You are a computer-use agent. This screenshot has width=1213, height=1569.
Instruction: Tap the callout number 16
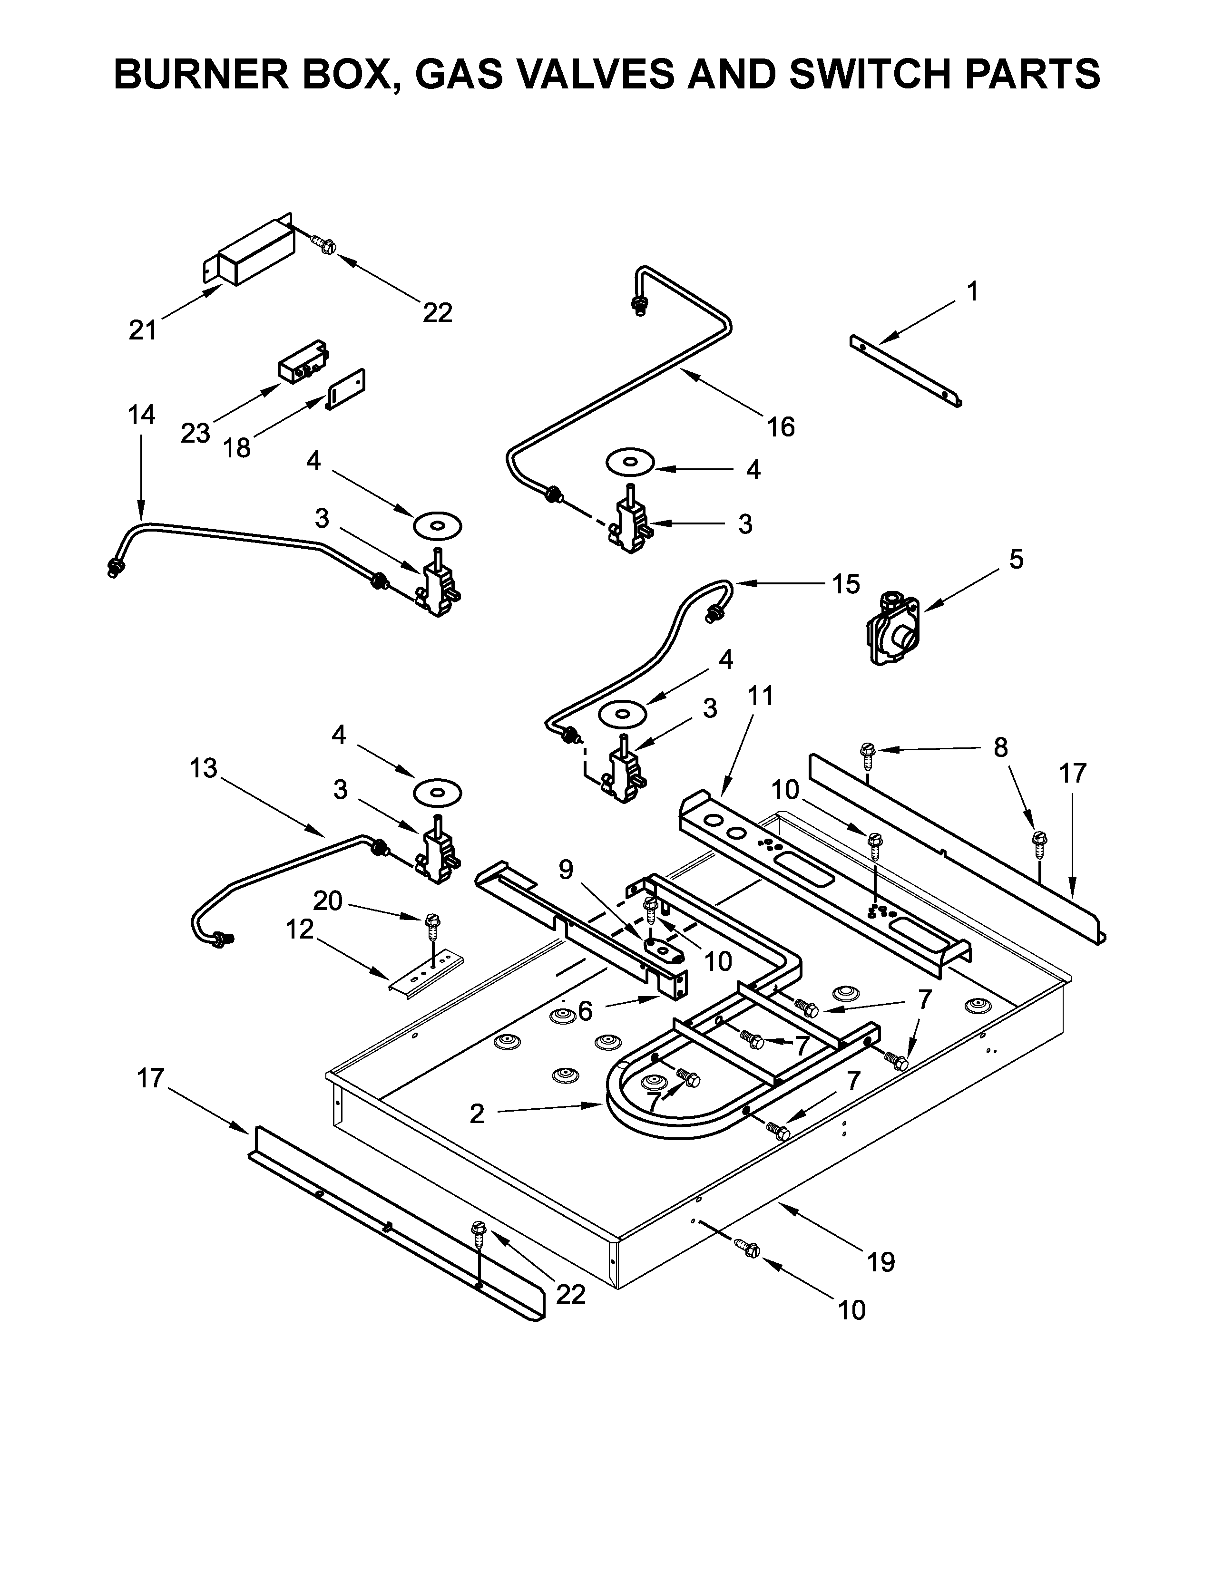click(781, 427)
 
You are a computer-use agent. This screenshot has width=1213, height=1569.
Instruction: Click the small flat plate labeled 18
click(347, 389)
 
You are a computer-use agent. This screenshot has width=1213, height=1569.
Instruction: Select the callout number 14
click(142, 415)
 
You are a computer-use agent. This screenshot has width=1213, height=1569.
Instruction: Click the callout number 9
click(566, 870)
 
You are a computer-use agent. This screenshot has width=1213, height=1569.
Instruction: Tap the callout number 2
click(477, 1114)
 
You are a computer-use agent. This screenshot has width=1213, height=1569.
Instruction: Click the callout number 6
click(585, 1011)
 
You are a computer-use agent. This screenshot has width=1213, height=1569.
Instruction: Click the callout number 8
click(1000, 748)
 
